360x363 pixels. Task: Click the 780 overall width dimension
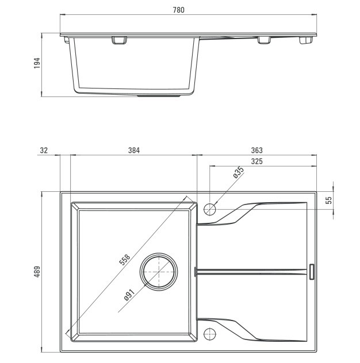click(x=178, y=10)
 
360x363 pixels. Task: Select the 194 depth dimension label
click(x=37, y=63)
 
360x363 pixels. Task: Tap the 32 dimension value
click(x=44, y=150)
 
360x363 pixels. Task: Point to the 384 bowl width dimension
click(x=134, y=150)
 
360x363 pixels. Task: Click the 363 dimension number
click(x=257, y=150)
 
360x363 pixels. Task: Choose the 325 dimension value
click(x=257, y=161)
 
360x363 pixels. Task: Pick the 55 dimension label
click(x=329, y=200)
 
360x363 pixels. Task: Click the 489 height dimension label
click(x=37, y=272)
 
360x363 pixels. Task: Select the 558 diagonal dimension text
click(x=125, y=260)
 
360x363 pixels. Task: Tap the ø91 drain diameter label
click(x=129, y=295)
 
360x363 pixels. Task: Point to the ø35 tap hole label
click(x=239, y=172)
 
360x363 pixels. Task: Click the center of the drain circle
click(x=159, y=272)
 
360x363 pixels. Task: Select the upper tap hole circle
click(x=210, y=209)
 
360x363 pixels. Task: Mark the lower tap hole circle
click(x=210, y=334)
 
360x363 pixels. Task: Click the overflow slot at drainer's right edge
click(x=312, y=272)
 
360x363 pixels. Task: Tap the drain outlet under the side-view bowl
click(x=159, y=95)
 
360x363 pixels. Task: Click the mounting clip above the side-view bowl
click(x=120, y=40)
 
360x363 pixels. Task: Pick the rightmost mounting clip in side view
click(x=306, y=40)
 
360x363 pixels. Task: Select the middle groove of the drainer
click(x=251, y=272)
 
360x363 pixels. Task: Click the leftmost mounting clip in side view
click(x=67, y=40)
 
